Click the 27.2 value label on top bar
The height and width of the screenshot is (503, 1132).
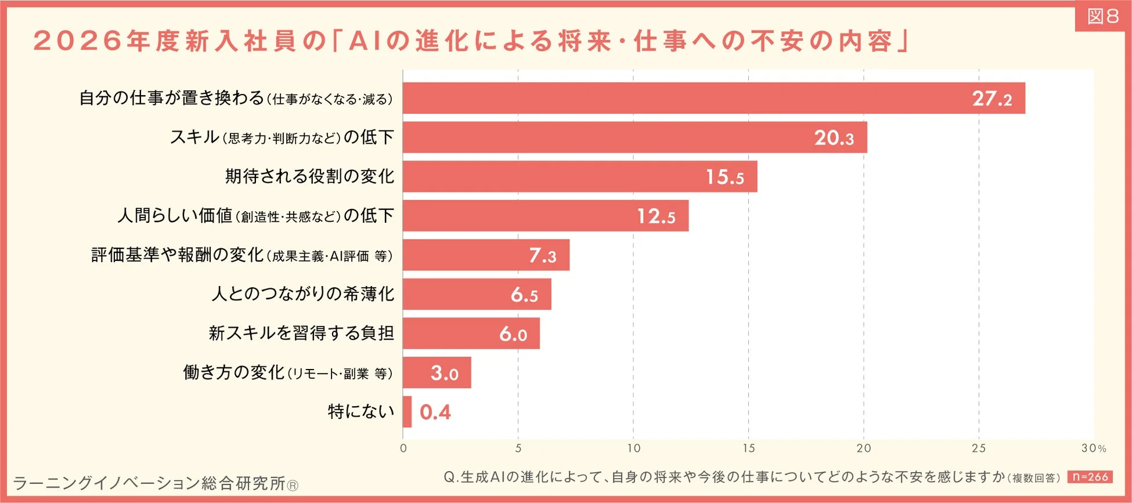[992, 99]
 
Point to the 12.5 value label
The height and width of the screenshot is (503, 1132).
[656, 216]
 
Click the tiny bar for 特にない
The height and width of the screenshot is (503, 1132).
[407, 412]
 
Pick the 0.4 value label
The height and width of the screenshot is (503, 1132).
[435, 412]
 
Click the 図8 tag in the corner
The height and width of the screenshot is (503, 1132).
[1103, 16]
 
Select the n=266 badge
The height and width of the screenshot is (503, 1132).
[1090, 477]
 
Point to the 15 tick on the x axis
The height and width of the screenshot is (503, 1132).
[748, 448]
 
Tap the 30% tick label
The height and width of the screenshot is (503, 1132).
[1093, 448]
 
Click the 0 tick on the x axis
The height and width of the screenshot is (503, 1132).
[403, 448]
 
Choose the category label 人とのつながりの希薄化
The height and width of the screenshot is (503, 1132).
[302, 294]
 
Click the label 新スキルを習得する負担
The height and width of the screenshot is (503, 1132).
[301, 333]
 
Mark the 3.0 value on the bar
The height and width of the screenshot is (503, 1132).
[444, 373]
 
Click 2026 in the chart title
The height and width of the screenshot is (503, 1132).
[77, 41]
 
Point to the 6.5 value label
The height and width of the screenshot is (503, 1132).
[524, 295]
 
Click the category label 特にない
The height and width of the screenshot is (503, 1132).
[360, 412]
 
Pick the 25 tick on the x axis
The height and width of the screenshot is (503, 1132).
[979, 448]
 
